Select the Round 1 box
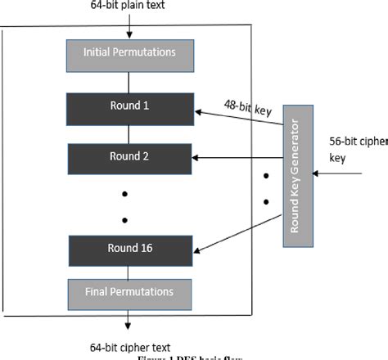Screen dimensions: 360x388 (129, 106)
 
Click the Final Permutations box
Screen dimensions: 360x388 (129, 291)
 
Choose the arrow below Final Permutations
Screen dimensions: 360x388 (129, 318)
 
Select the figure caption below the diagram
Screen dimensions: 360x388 (196, 356)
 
